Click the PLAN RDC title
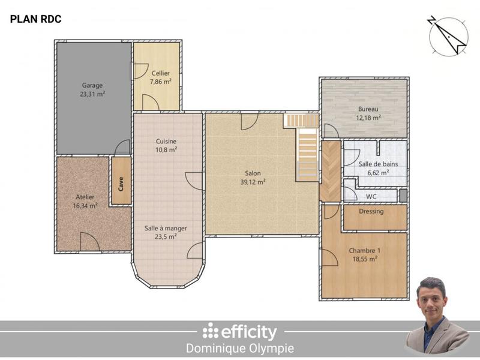click(x=36, y=19)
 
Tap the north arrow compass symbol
click(x=448, y=35)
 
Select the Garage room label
click(x=93, y=85)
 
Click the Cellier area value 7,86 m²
click(x=160, y=82)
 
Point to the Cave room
click(x=121, y=181)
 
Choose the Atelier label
click(x=85, y=197)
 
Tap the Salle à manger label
click(x=160, y=228)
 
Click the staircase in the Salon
click(x=307, y=150)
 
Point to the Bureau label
click(x=368, y=109)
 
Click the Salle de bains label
click(x=378, y=164)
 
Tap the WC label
click(x=371, y=196)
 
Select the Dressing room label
click(x=371, y=211)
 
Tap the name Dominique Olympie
click(x=240, y=349)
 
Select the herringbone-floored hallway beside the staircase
click(x=329, y=171)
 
